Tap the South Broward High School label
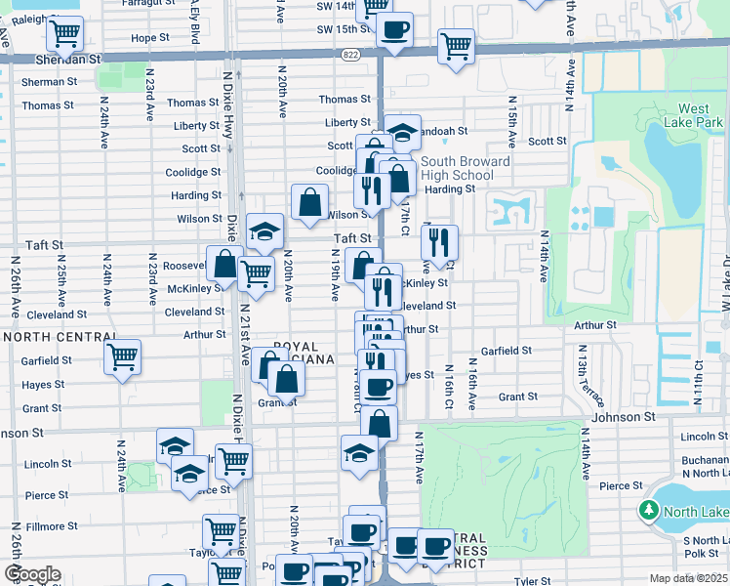click(x=465, y=168)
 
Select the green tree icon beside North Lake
click(x=648, y=510)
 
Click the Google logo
click(x=31, y=574)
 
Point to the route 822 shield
click(x=350, y=56)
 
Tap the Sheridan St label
click(x=68, y=59)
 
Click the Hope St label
click(x=149, y=38)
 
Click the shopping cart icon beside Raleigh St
click(x=64, y=33)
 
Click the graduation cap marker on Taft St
click(x=264, y=231)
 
